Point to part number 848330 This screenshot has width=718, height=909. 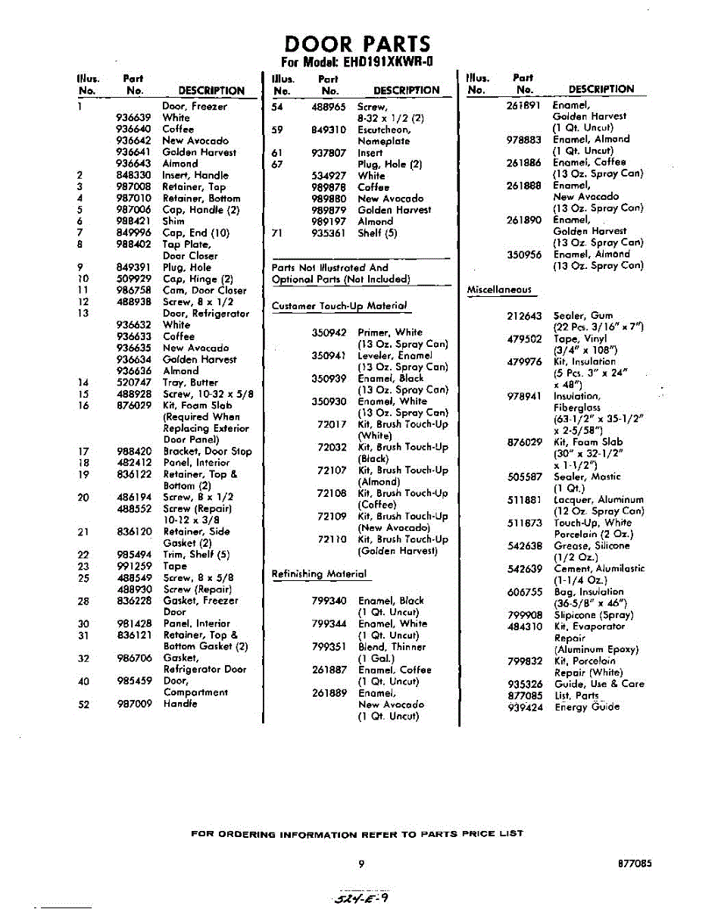[136, 175]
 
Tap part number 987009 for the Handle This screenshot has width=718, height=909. [136, 704]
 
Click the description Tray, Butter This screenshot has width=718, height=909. [191, 383]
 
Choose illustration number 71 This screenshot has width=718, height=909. [277, 233]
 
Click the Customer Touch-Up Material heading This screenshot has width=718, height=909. [339, 305]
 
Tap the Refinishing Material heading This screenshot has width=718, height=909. [319, 574]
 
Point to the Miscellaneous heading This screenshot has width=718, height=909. [499, 290]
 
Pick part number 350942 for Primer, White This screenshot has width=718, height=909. [329, 333]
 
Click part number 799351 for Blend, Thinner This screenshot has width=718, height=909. [329, 647]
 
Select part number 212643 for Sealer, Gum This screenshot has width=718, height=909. [525, 316]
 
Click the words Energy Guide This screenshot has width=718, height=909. [587, 708]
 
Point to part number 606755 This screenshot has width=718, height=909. [525, 592]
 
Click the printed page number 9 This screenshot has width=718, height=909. [364, 863]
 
